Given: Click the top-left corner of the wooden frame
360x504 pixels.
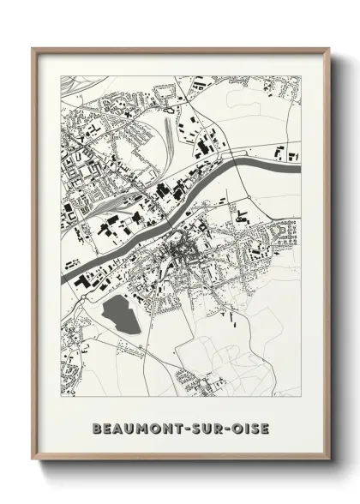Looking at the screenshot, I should pyautogui.click(x=33, y=49).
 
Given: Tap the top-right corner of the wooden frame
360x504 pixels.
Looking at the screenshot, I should pyautogui.click(x=329, y=49).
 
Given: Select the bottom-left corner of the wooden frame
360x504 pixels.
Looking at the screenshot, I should pyautogui.click(x=33, y=460).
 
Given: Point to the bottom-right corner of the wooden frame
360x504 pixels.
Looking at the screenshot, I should pyautogui.click(x=329, y=460).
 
